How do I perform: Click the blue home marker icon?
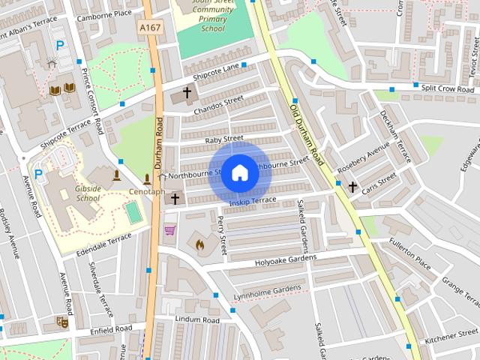[x=239, y=173]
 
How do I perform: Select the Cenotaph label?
[x=146, y=191]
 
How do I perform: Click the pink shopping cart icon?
[x=170, y=229]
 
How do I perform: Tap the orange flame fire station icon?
[x=199, y=244]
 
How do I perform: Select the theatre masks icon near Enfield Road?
[x=62, y=321]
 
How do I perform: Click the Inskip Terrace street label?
[x=253, y=201]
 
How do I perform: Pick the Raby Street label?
[x=224, y=139]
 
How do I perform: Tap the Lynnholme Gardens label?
[x=268, y=289]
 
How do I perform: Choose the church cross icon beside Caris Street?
[x=352, y=186]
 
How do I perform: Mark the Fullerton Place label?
[x=409, y=254]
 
